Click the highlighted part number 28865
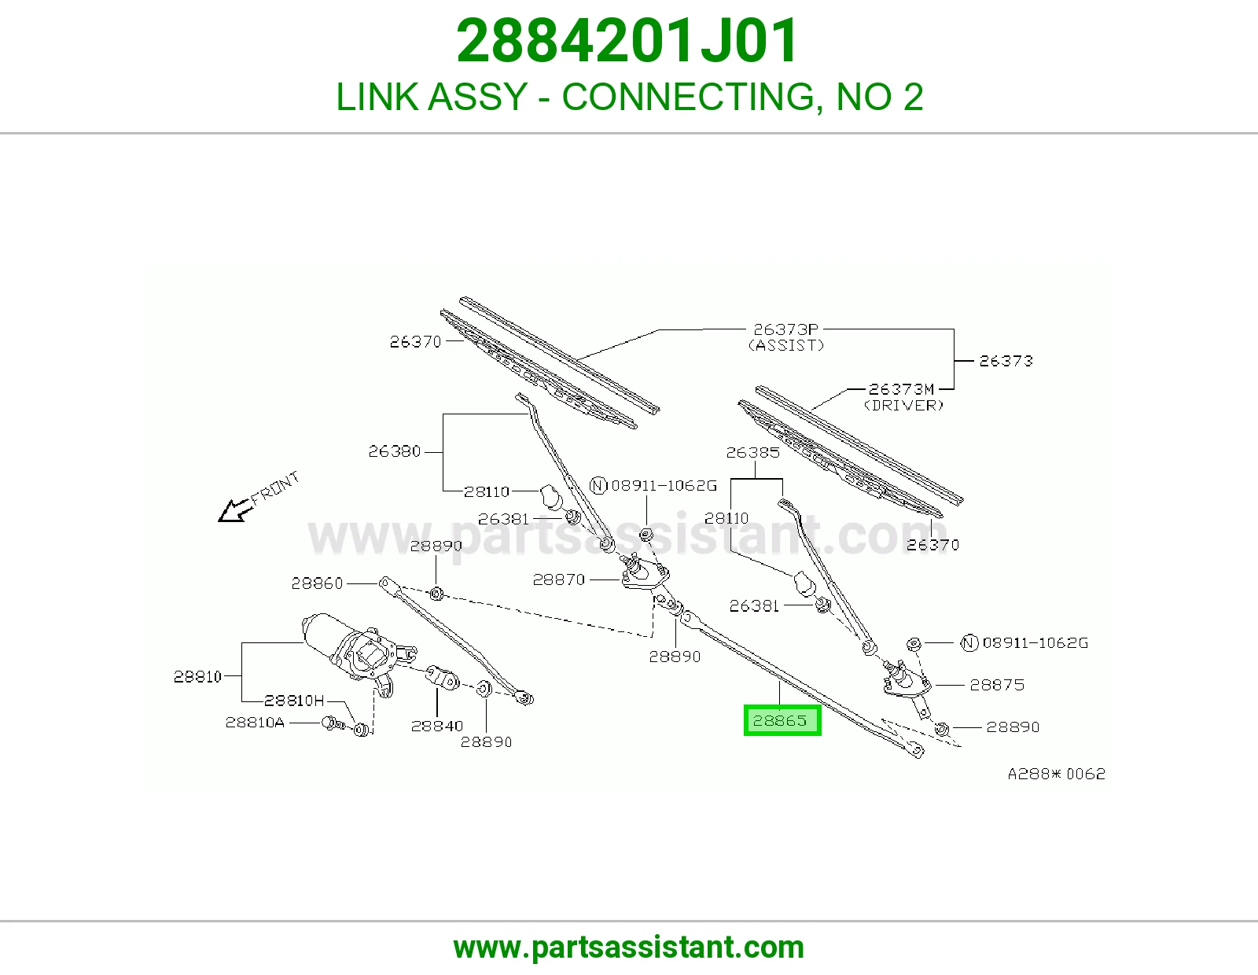[x=780, y=720]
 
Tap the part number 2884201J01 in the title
[x=627, y=41]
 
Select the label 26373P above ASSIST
[x=785, y=329]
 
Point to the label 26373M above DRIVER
[x=901, y=389]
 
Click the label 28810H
[x=294, y=701]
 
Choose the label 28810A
[x=255, y=723]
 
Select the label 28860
[x=317, y=583]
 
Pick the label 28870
[x=559, y=579]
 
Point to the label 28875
[x=997, y=685]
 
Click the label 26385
[x=752, y=452]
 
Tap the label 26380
[x=394, y=451]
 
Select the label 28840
[x=437, y=726]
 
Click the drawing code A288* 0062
[x=1057, y=774]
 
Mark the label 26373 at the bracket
[x=1006, y=361]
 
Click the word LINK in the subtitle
[x=377, y=97]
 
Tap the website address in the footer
[x=629, y=947]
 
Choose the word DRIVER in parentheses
[x=903, y=405]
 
